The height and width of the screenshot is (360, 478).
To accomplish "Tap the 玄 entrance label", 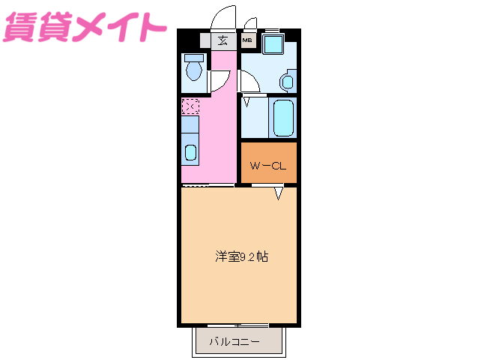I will (x=223, y=41).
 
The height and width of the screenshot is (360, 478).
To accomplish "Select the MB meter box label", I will (x=247, y=42).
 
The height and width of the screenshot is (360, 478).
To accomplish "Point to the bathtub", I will (x=284, y=118).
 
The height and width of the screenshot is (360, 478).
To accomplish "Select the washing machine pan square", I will (x=272, y=43).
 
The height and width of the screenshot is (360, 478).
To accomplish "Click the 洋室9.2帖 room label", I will (x=241, y=256).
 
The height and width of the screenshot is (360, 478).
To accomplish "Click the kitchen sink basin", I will (x=190, y=154).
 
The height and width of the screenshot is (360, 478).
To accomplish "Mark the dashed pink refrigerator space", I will (x=190, y=106).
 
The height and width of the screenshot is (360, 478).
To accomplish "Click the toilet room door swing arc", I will (x=220, y=81).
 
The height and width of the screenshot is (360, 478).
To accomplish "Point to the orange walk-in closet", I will (x=268, y=163).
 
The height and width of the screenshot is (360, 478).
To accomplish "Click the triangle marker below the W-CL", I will (x=278, y=194).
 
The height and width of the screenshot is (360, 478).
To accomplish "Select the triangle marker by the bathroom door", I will (x=246, y=100).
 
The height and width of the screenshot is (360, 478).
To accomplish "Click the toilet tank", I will (x=194, y=57).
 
